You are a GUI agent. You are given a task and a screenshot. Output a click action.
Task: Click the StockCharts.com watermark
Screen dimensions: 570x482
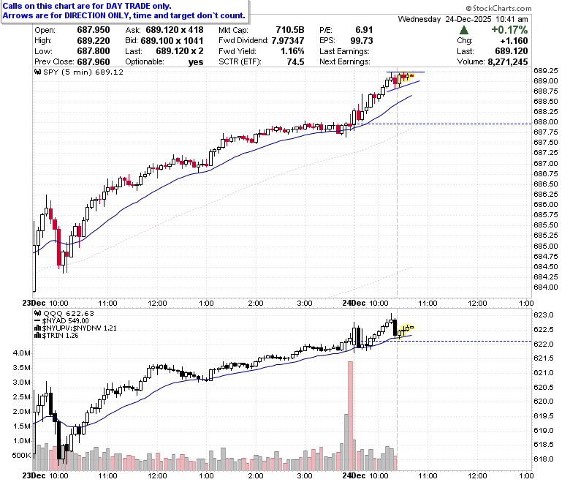498,8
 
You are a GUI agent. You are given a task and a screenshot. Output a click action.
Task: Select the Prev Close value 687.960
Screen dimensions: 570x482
94,62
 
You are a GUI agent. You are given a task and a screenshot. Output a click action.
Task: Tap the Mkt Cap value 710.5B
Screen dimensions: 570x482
289,30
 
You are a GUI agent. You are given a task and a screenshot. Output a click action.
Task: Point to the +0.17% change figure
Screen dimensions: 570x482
509,30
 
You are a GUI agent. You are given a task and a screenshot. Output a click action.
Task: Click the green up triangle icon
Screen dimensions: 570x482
464,30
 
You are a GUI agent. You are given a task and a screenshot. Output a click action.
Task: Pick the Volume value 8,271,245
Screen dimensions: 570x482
507,62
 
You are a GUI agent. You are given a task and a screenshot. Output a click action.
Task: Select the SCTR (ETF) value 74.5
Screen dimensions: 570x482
295,62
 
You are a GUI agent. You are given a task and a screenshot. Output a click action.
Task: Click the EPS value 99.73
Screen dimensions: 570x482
362,41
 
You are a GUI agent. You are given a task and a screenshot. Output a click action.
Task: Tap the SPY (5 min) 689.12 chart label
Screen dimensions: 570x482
79,72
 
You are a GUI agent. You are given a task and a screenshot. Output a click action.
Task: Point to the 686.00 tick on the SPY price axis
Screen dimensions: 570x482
546,205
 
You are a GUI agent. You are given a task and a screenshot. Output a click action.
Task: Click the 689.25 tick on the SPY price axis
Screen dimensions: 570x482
546,70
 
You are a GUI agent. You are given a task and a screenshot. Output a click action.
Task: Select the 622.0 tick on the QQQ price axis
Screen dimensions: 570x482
544,344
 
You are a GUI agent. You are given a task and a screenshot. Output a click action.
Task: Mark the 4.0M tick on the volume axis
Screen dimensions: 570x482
21,353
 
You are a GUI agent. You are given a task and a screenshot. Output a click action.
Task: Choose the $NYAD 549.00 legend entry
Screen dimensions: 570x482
61,321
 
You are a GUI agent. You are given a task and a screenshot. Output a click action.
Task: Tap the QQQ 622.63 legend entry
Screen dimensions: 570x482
64,314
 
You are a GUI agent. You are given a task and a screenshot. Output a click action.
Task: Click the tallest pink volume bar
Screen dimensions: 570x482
350,415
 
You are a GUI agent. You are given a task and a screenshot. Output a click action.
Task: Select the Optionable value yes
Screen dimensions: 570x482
196,62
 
